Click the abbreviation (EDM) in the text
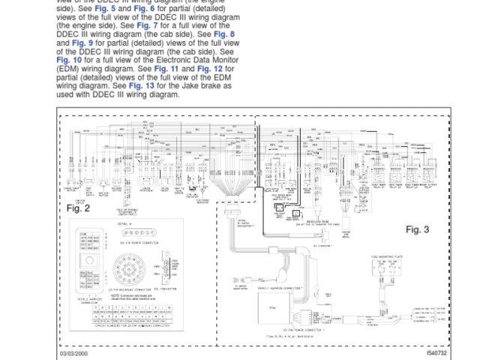coord(70,68)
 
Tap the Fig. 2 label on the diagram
coord(78,208)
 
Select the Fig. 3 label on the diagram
coord(417,229)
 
